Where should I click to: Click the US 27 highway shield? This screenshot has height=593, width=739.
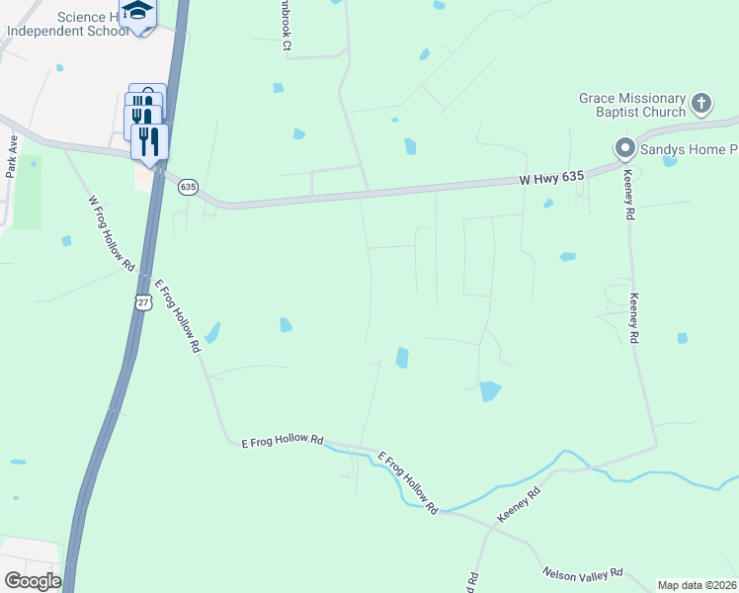point(144,303)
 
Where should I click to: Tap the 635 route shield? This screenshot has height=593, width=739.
point(189,187)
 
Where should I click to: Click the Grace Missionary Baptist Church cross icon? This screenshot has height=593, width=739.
point(700,104)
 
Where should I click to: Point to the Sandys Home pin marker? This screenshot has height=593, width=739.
point(624,149)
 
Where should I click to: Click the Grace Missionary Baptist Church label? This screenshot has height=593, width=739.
point(632,105)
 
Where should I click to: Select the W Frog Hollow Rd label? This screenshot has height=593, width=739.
point(111,233)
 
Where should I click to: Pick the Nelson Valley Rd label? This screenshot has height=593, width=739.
point(583,573)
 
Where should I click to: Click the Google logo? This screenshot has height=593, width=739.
point(32,581)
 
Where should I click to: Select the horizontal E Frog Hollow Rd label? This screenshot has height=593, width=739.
point(283,440)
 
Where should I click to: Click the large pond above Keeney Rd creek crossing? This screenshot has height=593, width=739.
point(489,390)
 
